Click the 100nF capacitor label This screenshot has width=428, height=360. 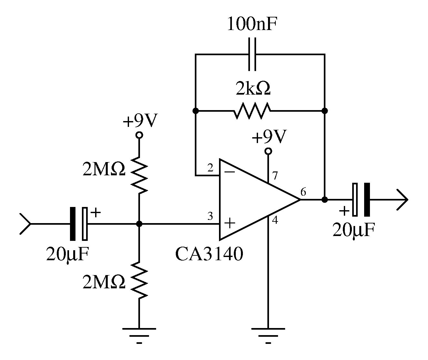coord(252,24)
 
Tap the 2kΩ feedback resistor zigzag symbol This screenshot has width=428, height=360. coord(252,111)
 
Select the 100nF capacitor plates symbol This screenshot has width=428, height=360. coord(252,54)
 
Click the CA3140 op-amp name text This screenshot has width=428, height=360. coord(209,254)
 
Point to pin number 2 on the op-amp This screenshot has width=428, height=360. coord(210,168)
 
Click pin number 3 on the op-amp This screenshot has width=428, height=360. coord(210,216)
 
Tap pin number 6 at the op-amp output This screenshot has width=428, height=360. coord(303,192)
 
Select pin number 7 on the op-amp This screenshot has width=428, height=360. coord(274,176)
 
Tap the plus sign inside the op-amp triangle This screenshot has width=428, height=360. coord(229,223)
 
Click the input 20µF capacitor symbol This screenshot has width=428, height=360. coord(79,223)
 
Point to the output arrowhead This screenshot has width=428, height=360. coord(403,200)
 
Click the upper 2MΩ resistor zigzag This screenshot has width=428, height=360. coord(139,175)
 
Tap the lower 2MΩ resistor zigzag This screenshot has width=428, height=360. coord(139,280)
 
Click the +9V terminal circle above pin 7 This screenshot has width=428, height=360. coord(268,151)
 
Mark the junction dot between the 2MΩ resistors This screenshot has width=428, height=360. coord(139,223)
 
